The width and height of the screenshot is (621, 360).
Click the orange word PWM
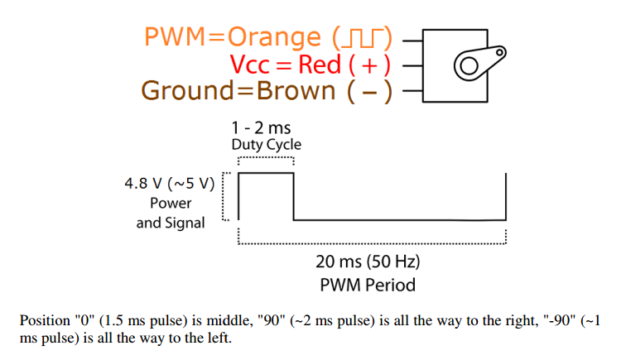tap(175, 37)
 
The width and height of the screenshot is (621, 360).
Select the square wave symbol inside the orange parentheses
tap(362, 38)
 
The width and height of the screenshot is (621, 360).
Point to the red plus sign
tap(369, 65)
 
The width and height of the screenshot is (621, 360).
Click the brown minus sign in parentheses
tap(369, 93)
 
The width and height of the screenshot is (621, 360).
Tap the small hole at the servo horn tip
tap(500, 52)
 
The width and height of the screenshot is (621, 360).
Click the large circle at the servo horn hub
tap(469, 65)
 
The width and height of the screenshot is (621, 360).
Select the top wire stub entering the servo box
tap(412, 41)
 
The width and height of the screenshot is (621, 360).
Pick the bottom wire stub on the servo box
tap(412, 91)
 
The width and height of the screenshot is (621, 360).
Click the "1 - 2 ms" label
tap(261, 128)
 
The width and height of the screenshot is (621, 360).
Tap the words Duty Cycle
tap(266, 145)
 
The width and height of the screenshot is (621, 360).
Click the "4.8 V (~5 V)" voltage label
tap(170, 184)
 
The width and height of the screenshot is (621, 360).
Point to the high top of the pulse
tap(266, 173)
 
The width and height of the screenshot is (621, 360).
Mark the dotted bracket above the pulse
tap(266, 157)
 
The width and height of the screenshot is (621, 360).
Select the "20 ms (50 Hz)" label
tap(368, 262)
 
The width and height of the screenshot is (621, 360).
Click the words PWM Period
tap(368, 286)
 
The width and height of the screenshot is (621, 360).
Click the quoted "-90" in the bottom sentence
tap(560, 319)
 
